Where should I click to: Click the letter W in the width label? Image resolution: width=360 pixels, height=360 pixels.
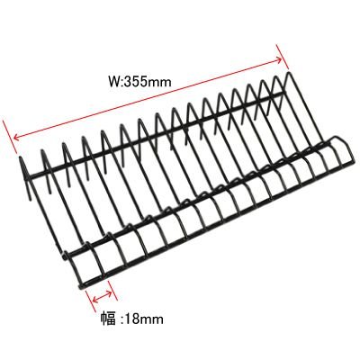click(115, 81)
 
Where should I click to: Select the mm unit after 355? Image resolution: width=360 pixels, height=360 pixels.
click(160, 83)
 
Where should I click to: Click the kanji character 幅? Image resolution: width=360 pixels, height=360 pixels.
click(108, 318)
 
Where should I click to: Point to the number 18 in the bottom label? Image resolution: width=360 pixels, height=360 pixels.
click(131, 319)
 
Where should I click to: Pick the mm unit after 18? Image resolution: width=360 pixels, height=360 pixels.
click(151, 320)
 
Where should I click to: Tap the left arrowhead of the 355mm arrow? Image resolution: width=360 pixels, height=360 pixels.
click(18, 137)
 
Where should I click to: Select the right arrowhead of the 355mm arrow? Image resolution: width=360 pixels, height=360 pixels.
click(278, 59)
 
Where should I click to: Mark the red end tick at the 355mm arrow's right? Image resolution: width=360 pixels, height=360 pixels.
click(283, 57)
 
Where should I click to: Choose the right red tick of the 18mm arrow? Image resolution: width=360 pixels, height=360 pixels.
click(112, 291)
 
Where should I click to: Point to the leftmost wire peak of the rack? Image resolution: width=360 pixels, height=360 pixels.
click(21, 158)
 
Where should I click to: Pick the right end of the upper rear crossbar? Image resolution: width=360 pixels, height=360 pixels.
click(281, 94)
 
